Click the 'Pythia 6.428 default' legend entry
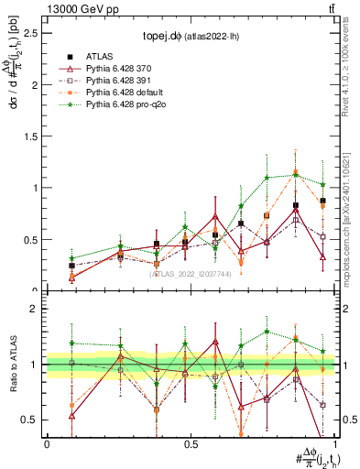pyautogui.click(x=124, y=94)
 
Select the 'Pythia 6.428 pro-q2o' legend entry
pyautogui.click(x=125, y=106)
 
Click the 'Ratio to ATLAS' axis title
pyautogui.click(x=12, y=366)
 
